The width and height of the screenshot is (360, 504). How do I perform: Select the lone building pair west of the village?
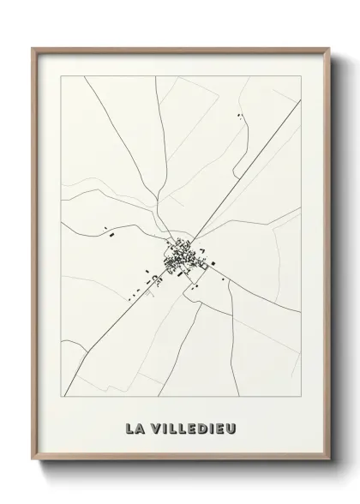[108, 229]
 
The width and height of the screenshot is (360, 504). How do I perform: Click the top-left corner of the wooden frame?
[34, 49]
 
